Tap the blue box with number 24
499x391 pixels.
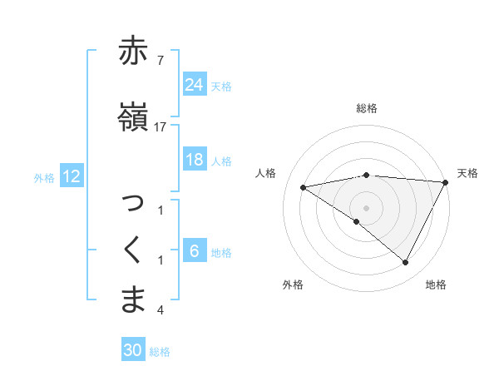coord(195,85)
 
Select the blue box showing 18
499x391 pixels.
coord(195,160)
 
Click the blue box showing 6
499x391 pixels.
coord(195,251)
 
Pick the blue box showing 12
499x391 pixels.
coord(71,176)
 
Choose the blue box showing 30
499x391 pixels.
coord(133,350)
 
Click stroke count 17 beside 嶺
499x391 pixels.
coord(161,126)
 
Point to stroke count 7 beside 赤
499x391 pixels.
coord(161,60)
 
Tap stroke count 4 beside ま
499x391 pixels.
coord(161,310)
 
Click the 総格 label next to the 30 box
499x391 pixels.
coord(161,352)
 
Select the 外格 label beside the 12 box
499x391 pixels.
coord(45,177)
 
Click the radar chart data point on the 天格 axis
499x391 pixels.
coord(446,182)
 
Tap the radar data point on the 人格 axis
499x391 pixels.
coord(303,187)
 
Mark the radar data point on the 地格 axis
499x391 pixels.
coord(405,262)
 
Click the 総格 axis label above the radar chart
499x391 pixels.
coord(366,108)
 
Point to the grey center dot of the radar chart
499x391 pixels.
coord(366,206)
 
